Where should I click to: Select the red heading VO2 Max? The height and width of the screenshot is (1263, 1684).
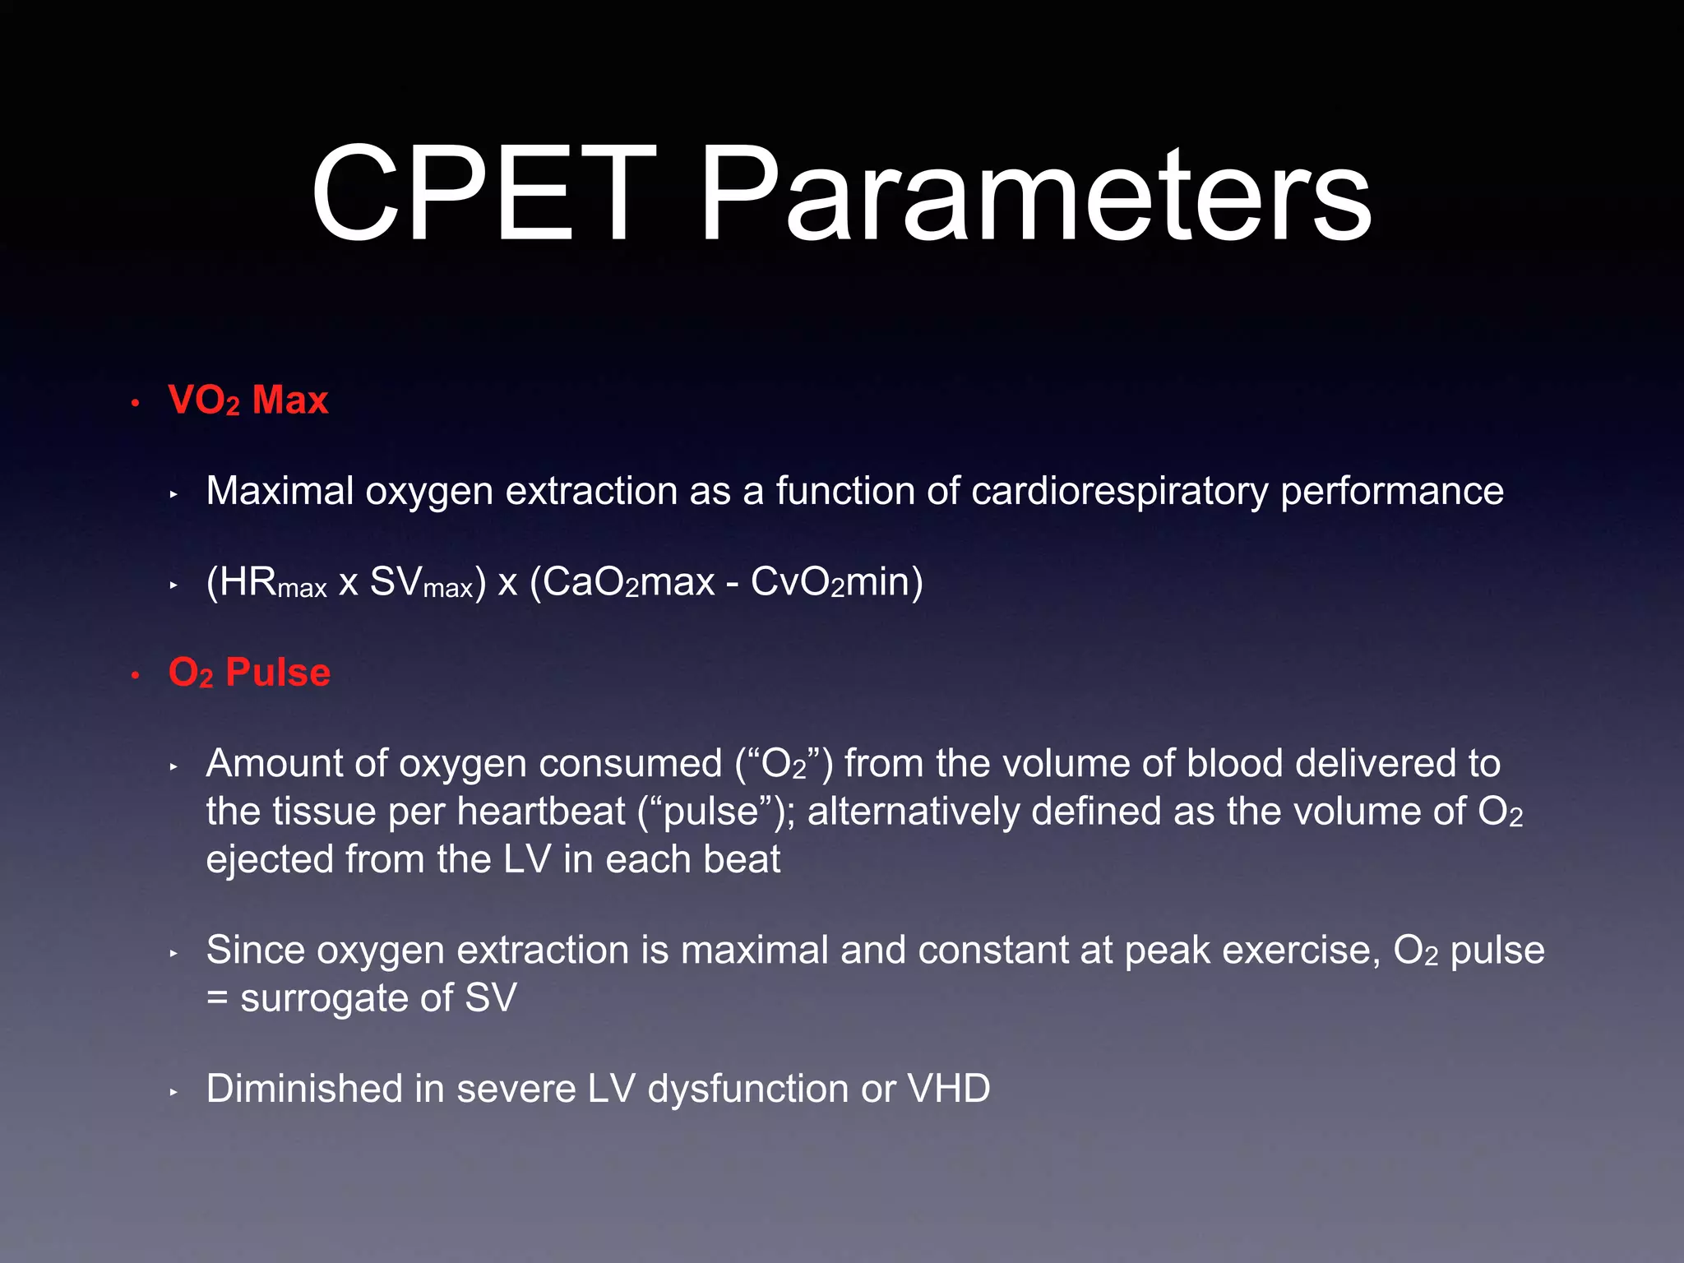click(248, 400)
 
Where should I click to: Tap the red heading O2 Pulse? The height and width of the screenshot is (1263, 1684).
click(249, 673)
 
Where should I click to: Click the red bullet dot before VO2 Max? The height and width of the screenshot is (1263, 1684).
click(136, 403)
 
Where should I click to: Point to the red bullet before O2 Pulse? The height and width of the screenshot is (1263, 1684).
click(136, 675)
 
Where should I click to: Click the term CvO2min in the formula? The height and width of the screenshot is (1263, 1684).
click(836, 582)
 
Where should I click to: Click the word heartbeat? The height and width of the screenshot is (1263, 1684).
click(540, 812)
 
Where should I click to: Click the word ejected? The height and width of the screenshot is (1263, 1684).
click(269, 860)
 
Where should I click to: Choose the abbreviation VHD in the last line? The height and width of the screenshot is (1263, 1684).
click(948, 1089)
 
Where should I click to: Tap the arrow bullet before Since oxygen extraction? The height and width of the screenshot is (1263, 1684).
click(173, 954)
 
